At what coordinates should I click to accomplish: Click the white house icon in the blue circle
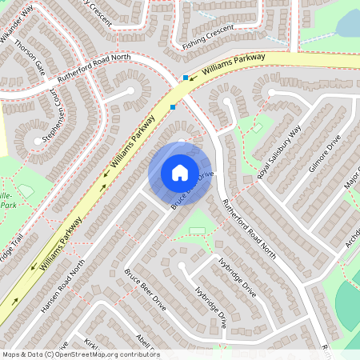180,173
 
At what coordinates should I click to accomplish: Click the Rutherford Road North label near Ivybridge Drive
249,229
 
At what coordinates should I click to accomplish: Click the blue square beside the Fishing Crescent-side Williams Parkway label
186,78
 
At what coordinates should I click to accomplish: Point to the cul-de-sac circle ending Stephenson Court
34,142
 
